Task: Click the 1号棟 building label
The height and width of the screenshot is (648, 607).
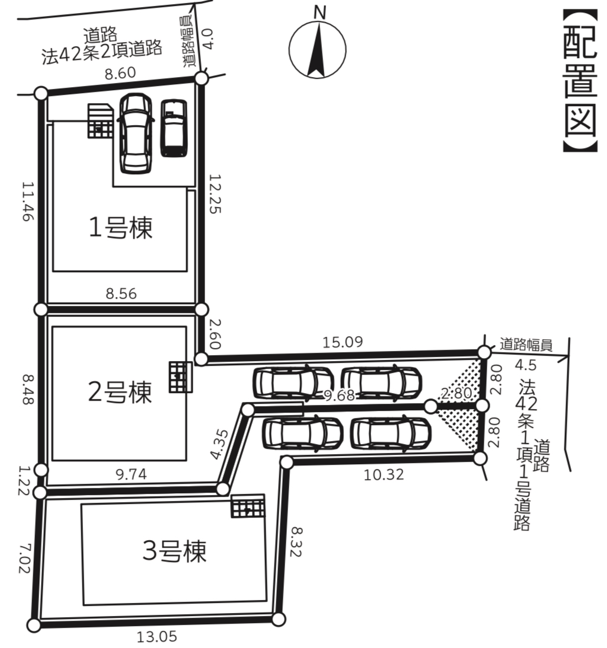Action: point(121,227)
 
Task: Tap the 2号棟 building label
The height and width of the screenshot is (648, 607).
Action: point(120,391)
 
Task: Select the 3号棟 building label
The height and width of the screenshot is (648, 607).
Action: point(174,550)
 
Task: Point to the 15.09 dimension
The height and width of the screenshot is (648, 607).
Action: point(342,341)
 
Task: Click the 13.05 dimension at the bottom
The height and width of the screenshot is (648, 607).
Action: point(156,636)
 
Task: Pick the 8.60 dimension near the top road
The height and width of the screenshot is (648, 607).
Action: point(120,73)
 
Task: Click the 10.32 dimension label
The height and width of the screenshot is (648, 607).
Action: point(384,474)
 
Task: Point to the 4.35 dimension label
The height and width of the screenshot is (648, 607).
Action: point(219,444)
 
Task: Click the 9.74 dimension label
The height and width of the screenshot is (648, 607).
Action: point(131,474)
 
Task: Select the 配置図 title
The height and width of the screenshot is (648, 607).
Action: point(580,80)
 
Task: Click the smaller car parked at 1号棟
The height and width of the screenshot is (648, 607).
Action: point(174,128)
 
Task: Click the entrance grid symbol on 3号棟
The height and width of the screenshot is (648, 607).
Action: point(248,506)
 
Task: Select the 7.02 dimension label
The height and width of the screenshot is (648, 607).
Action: point(25,558)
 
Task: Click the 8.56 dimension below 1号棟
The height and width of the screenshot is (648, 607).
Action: point(121,293)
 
